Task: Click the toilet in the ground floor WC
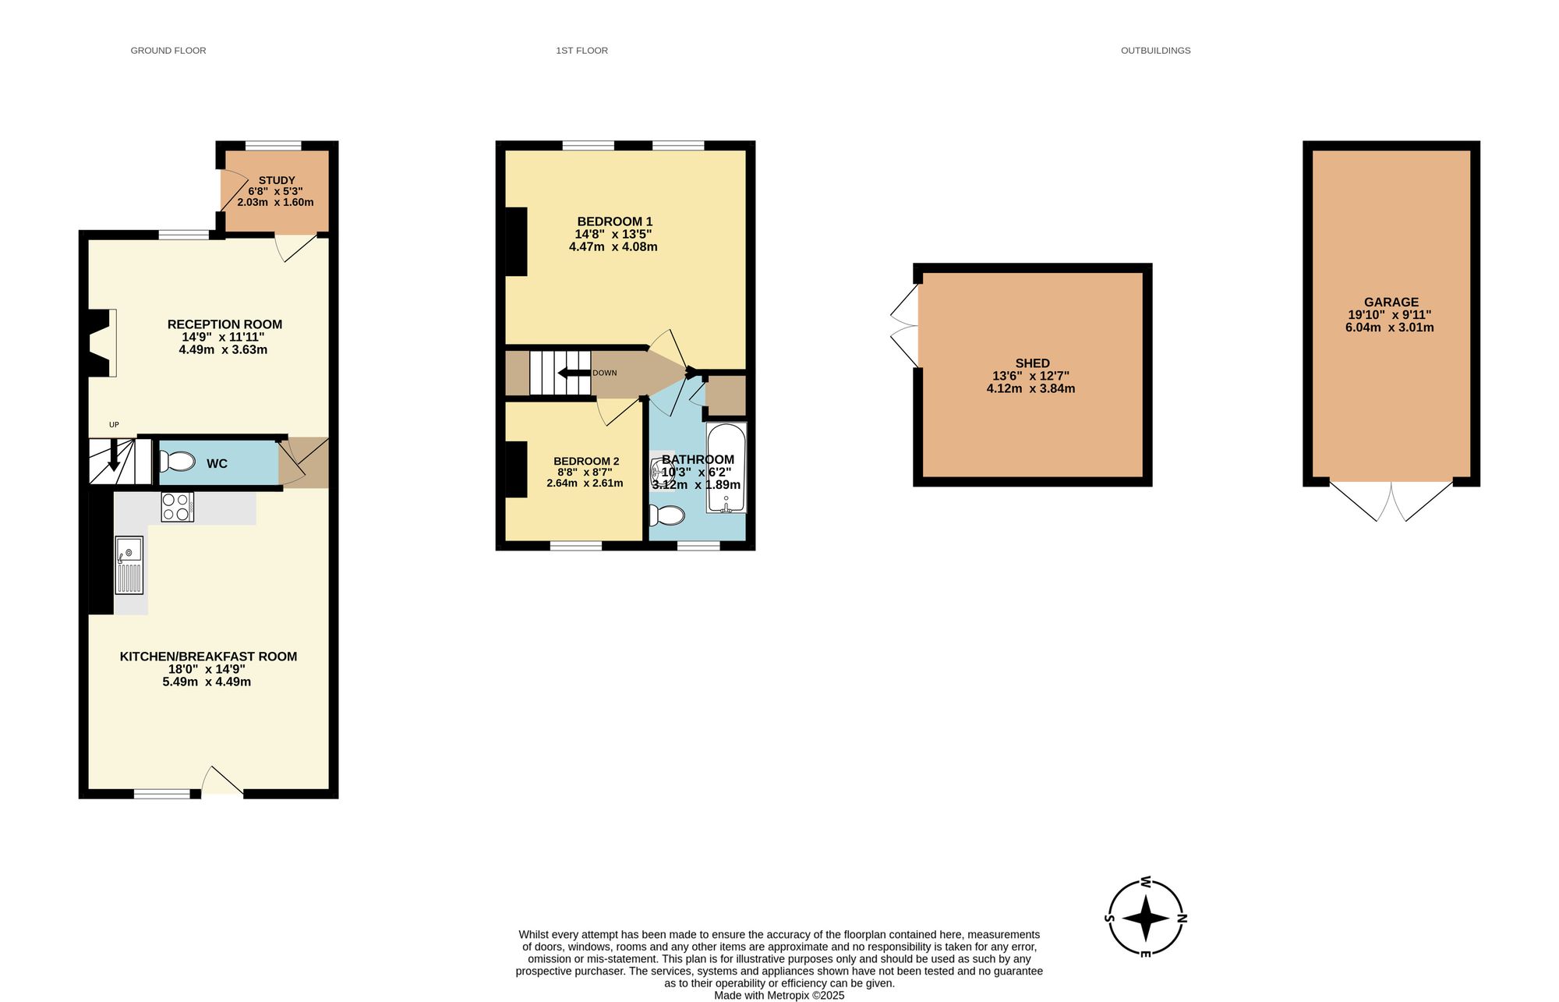178,462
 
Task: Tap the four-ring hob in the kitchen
177,508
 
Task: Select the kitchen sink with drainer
129,565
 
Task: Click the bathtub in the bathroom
726,467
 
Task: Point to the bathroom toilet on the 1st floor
667,515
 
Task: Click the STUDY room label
277,180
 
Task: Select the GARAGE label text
1391,303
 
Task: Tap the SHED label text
1032,363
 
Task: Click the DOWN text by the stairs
604,373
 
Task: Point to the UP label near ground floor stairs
114,425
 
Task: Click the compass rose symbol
1146,918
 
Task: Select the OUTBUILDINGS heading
1155,51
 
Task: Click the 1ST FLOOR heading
582,51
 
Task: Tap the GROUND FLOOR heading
168,51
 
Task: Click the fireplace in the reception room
100,343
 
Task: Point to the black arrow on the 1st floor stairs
574,373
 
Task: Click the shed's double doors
906,325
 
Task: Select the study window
273,146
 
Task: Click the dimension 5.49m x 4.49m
207,682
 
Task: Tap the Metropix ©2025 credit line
779,996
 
